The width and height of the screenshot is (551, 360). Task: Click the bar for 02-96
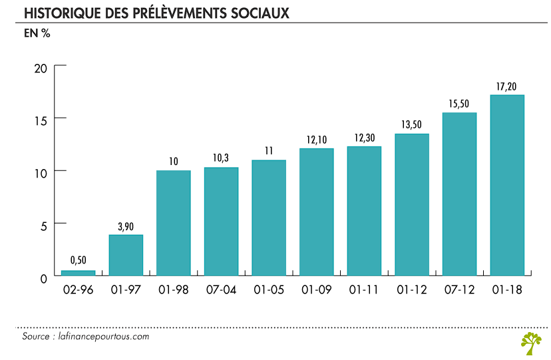[x=78, y=273]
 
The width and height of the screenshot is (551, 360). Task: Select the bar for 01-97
[x=126, y=255]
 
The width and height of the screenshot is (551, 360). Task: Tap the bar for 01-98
[x=174, y=223]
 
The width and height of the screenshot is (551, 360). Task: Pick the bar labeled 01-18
[x=507, y=185]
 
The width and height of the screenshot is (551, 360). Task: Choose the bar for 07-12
[x=459, y=194]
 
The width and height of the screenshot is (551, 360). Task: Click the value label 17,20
[x=507, y=86]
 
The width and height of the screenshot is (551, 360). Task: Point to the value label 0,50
[x=78, y=260]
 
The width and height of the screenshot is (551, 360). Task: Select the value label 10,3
[x=221, y=158]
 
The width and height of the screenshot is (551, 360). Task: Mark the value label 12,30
[x=364, y=137]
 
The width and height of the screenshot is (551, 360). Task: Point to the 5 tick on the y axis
[x=43, y=225]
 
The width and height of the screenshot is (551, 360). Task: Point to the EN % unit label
[x=37, y=33]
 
